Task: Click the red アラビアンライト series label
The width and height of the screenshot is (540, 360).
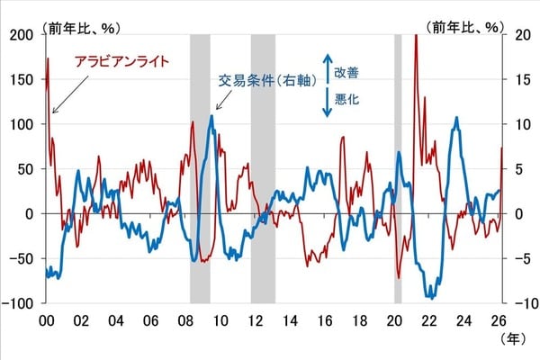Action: [x=120, y=62]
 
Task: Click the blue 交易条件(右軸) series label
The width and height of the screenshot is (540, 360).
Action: [x=267, y=79]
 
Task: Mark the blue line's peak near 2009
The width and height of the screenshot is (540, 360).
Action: [x=212, y=115]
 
